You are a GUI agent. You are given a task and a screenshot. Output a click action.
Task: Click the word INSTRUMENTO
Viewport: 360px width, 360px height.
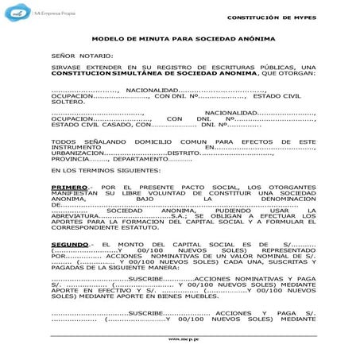pyautogui.click(x=71, y=147)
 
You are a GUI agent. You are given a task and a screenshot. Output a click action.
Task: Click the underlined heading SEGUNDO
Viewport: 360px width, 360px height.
pyautogui.click(x=70, y=242)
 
